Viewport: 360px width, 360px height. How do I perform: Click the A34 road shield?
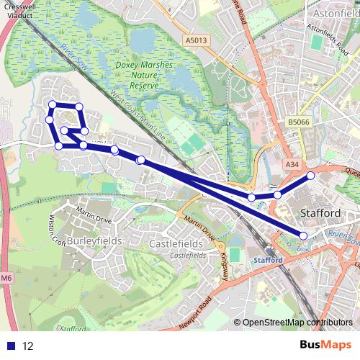coord(292,165)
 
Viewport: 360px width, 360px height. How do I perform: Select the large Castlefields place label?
coord(175,244)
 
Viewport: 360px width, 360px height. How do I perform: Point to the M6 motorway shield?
coord(6,278)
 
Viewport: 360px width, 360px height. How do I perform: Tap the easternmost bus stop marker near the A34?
coord(311,176)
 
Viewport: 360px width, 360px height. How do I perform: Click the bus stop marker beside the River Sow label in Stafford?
coord(303,235)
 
